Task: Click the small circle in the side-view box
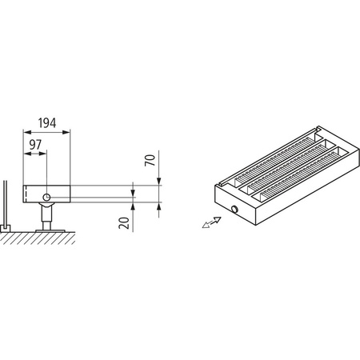click(x=47, y=196)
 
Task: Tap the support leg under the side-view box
click(x=48, y=216)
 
